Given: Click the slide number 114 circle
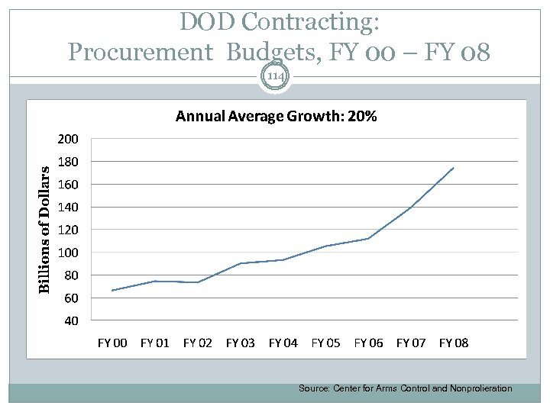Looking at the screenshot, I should pos(275,78).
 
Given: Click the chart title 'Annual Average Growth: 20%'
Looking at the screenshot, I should pos(276,117).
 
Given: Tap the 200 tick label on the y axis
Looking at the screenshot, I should pos(66,140).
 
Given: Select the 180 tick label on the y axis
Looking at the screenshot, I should pos(66,162).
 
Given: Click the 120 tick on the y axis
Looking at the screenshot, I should pos(66,230).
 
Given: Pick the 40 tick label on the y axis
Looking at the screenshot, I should pos(70,320).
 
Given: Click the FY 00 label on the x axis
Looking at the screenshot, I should pos(112,343).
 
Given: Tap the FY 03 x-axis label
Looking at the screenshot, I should pos(241,343).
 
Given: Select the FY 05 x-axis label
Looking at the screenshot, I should pos(326,343).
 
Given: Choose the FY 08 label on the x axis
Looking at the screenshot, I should pos(454,343).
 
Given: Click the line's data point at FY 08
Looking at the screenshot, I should pos(454,168).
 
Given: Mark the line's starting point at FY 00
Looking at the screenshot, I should pos(112,291).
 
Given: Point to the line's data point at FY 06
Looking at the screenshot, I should pos(368,239).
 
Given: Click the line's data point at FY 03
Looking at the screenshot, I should pos(241,263).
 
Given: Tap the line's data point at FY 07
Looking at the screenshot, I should pos(411,208).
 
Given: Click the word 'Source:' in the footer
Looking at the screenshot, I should pos(313,388).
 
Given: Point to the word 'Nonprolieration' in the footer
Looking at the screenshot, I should pos(480,388).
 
